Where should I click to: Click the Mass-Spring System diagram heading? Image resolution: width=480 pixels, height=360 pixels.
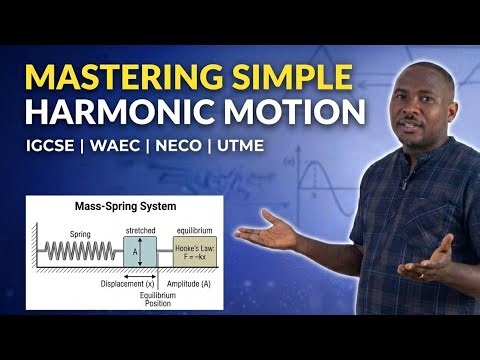pyautogui.click(x=124, y=210)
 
